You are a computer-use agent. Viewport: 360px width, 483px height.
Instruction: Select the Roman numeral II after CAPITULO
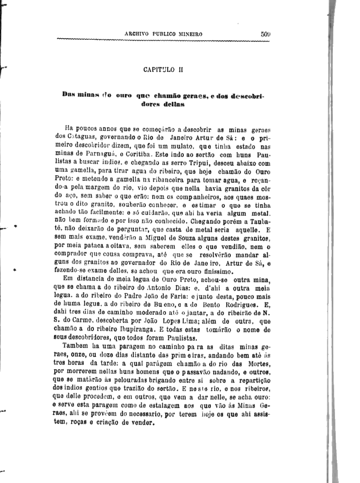click(x=180, y=70)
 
